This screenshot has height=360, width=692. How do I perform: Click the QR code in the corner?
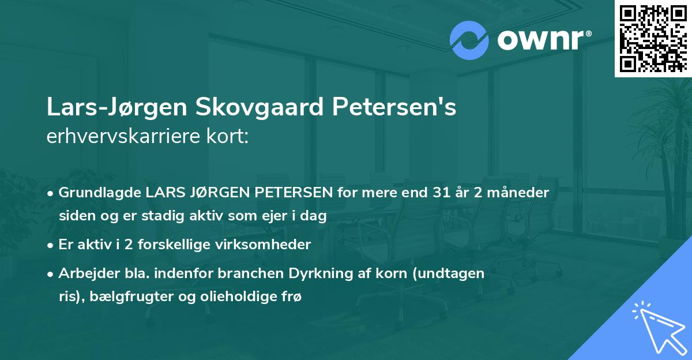[x=652, y=38]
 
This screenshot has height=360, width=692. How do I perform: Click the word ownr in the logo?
[x=539, y=41]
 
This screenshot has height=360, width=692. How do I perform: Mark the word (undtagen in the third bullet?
[x=456, y=273]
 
